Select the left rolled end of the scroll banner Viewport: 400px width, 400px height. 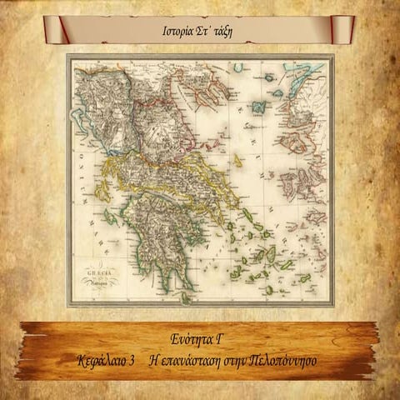(x=63, y=28)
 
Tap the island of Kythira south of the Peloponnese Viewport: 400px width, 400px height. (x=186, y=295)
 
